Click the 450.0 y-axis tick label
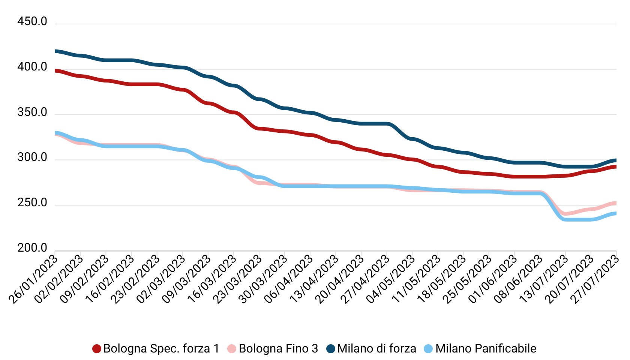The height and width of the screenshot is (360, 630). [32, 22]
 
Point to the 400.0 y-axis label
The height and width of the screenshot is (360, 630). [32, 67]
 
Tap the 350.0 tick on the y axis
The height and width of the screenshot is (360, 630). [32, 112]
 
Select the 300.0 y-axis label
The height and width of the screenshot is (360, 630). [32, 157]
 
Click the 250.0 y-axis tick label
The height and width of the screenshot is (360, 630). [32, 203]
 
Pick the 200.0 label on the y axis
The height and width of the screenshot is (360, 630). [32, 248]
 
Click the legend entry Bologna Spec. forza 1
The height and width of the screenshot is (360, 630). [161, 349]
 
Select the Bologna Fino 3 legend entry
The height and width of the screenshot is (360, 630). [278, 349]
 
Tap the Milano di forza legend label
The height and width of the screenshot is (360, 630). [376, 349]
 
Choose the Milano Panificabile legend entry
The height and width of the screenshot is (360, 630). [486, 349]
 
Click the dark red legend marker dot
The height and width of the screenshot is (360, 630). [97, 349]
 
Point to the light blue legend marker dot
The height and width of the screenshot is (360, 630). [428, 349]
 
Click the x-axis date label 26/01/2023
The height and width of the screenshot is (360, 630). [34, 279]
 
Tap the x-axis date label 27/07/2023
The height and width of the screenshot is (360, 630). [595, 279]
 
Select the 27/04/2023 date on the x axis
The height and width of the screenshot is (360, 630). [366, 279]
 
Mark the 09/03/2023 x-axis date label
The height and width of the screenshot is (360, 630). [187, 279]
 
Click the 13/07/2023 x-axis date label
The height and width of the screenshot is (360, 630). [544, 279]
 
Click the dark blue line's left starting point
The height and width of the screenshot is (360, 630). [56, 51]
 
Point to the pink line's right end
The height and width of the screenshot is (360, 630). [615, 203]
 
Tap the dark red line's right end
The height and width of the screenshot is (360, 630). [615, 167]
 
